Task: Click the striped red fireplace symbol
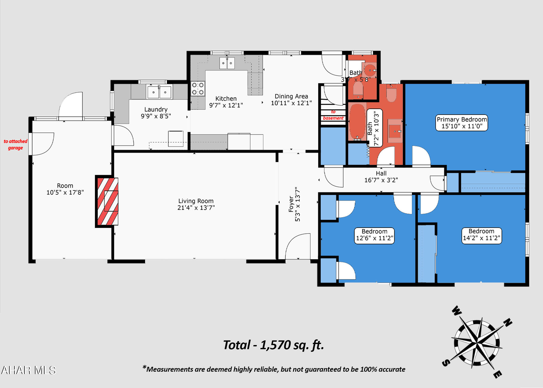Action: [108, 201]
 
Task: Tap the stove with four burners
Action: [198, 89]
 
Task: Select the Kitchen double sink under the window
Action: [227, 63]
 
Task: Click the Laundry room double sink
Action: [159, 92]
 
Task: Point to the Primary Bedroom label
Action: [462, 123]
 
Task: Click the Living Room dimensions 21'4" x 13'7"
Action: [196, 208]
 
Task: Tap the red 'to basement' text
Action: [333, 115]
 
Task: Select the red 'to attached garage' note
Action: [16, 145]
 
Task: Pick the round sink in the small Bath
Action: [370, 70]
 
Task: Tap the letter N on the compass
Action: [507, 323]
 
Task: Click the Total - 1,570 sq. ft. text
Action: [273, 345]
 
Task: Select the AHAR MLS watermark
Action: [28, 370]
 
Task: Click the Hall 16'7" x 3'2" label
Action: [381, 177]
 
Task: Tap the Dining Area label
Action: [291, 100]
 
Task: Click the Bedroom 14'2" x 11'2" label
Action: [481, 235]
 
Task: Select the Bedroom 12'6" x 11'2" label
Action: [374, 235]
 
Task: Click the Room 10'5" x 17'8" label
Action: [65, 189]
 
